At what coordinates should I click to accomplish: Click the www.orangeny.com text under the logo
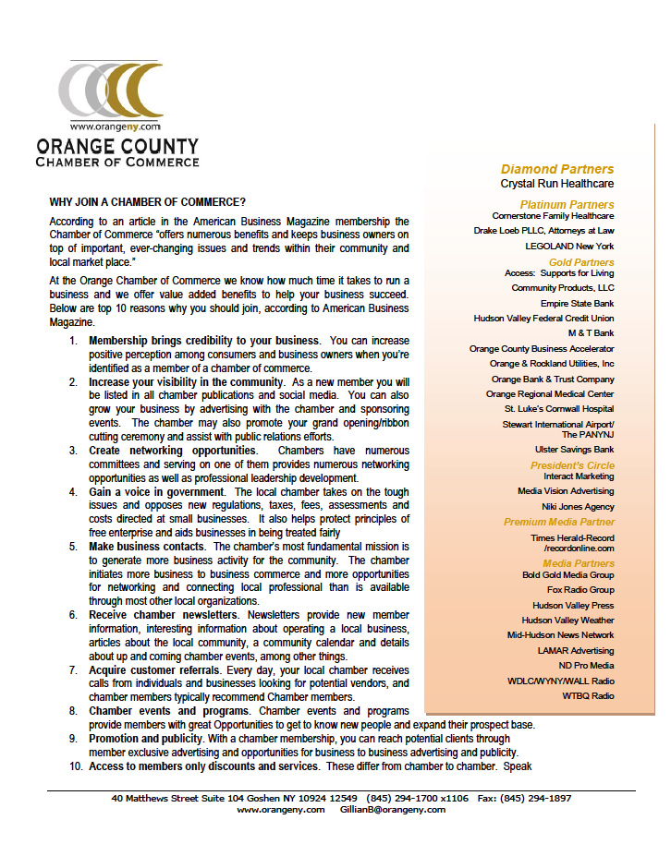pos(115,127)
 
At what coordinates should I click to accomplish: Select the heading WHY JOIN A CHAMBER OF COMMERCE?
pos(148,201)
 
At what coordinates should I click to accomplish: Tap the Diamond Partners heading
pos(556,169)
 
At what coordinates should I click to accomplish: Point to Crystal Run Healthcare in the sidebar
pos(556,184)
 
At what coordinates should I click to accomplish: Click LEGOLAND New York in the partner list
pos(568,247)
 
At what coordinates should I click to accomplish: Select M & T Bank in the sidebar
pos(590,332)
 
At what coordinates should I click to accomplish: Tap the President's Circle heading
pos(571,465)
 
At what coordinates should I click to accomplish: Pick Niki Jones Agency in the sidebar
pos(577,506)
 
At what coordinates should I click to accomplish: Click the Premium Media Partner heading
pos(558,523)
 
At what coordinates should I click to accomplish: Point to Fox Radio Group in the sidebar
pos(579,589)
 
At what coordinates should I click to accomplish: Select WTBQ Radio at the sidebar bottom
pos(588,695)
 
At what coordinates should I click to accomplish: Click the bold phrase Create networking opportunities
pos(173,451)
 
